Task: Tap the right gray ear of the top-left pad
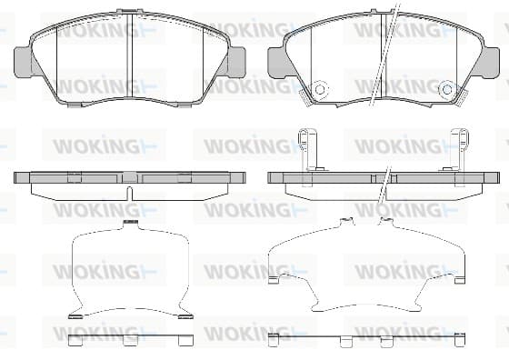point(236,63)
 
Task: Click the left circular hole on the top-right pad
point(320,89)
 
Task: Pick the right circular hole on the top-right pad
point(447,89)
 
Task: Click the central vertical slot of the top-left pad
point(129,55)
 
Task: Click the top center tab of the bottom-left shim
point(131,224)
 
